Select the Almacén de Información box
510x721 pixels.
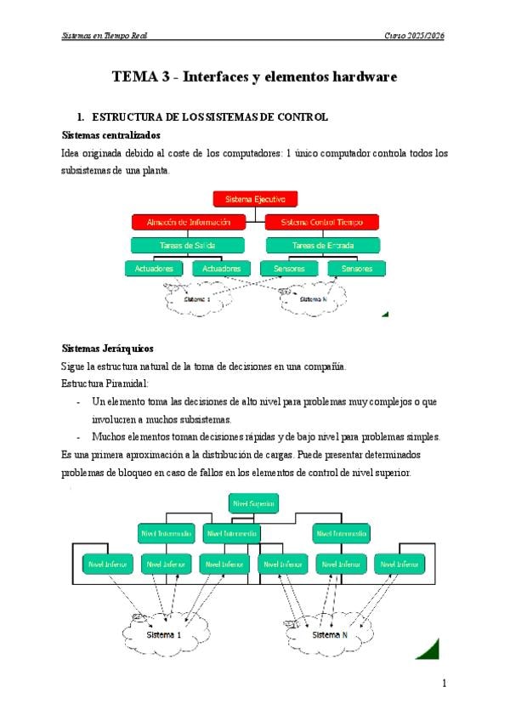coord(188,222)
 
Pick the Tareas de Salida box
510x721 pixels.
coord(188,245)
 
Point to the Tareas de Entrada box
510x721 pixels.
coord(323,245)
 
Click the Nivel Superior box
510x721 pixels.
coord(253,503)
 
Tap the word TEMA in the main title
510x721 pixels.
coord(134,77)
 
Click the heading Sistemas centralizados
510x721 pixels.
coord(112,135)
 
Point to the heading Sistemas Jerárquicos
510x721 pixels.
coord(108,349)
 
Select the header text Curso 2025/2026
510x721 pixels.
coord(415,36)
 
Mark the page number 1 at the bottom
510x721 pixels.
coord(444,684)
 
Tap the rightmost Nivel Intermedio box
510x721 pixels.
coord(341,534)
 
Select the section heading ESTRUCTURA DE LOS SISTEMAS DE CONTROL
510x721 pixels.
coord(209,116)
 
